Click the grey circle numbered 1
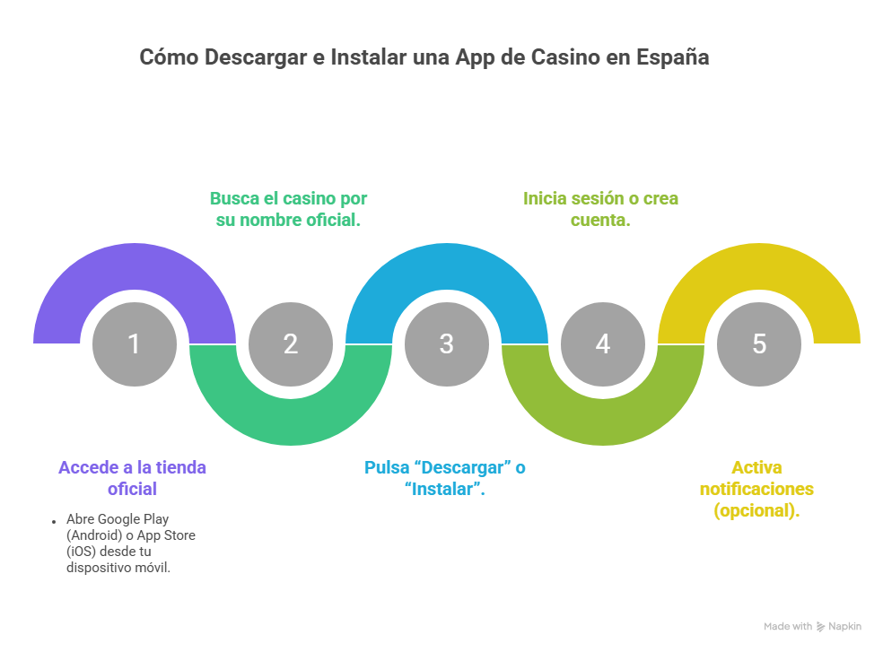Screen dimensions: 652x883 coord(135,344)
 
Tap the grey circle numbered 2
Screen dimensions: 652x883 coord(291,344)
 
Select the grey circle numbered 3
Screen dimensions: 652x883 coord(447,344)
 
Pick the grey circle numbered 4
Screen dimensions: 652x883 coord(603,344)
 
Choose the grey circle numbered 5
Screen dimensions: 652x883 coord(759,344)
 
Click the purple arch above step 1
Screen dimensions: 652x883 coord(135,269)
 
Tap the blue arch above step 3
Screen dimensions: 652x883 coord(447,269)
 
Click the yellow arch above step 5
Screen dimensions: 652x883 coord(759,269)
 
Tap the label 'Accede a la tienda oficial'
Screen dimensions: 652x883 coord(133,478)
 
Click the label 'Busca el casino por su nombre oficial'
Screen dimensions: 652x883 coord(289,209)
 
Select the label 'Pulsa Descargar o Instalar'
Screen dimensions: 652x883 coord(445,478)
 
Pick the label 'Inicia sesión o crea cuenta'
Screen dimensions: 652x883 coord(601,209)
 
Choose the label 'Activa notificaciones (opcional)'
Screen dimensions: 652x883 coord(756,489)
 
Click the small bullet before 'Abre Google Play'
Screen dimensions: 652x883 coord(54,521)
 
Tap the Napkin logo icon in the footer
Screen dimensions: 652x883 coord(820,627)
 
